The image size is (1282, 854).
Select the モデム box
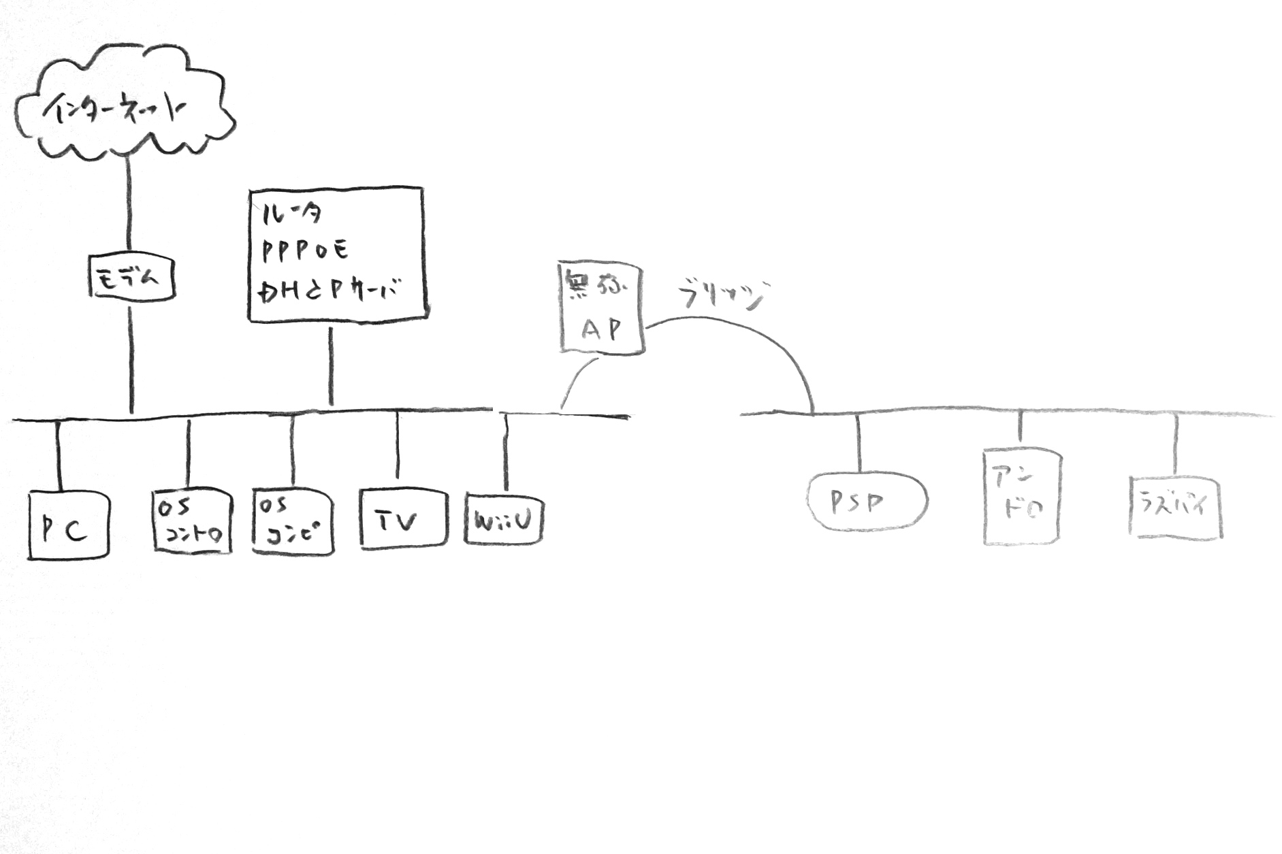(x=132, y=278)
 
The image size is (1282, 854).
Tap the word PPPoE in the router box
(x=306, y=250)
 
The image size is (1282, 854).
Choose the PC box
(x=68, y=525)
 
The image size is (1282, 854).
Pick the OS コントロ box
(x=191, y=521)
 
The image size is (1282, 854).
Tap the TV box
(x=403, y=519)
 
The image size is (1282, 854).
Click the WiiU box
(x=504, y=519)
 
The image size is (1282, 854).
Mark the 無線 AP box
(x=602, y=306)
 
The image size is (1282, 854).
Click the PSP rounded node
(x=867, y=502)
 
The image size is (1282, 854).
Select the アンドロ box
(x=1022, y=497)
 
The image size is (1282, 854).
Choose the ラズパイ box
(x=1175, y=507)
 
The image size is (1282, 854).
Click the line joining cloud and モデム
(x=129, y=204)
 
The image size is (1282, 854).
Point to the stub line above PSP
(x=858, y=442)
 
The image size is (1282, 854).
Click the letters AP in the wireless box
(x=602, y=329)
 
